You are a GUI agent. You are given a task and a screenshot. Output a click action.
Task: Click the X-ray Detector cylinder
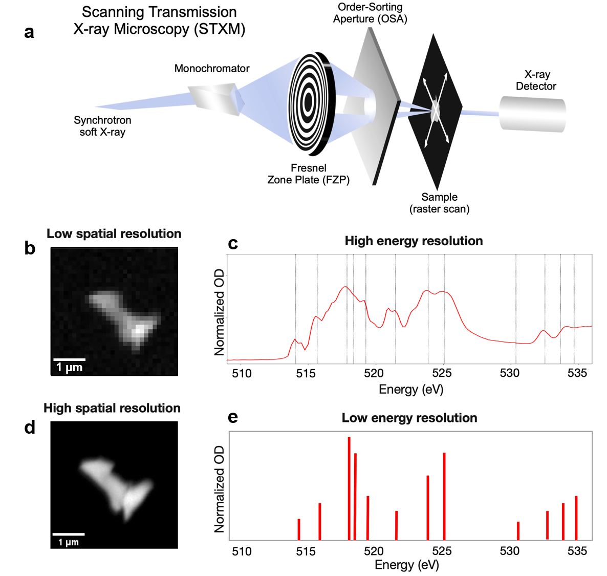coord(532,114)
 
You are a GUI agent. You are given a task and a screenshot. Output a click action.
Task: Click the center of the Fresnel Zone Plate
coord(308,103)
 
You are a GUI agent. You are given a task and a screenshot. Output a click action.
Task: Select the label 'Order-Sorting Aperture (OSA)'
coord(370,13)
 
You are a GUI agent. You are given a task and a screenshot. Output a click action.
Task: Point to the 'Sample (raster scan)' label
coord(439,203)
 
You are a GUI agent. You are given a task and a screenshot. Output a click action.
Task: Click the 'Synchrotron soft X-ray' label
coord(102,126)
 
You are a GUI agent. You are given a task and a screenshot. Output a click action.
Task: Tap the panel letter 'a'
coord(29,32)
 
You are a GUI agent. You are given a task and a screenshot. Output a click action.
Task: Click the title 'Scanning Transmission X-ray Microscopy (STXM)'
coord(159,20)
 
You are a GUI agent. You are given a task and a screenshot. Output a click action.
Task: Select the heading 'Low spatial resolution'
coord(114,234)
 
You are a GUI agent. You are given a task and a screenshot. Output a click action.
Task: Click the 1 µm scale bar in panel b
coord(69,360)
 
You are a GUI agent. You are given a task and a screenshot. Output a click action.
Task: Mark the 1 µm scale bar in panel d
coord(68,535)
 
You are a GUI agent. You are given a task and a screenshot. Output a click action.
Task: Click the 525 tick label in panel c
coord(442,373)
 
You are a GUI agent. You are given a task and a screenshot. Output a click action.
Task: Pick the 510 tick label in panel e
coord(242,551)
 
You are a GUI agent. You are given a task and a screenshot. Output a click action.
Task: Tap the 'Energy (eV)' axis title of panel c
coord(411,390)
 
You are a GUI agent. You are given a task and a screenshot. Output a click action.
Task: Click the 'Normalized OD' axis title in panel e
coord(220,489)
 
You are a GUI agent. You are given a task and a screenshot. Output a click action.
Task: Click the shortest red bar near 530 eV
coord(518,530)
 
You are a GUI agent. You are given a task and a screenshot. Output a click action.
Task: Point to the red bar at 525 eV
coord(444,496)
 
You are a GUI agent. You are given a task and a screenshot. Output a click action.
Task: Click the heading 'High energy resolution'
coord(414,241)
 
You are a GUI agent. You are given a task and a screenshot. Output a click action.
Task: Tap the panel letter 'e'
coord(233,417)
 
